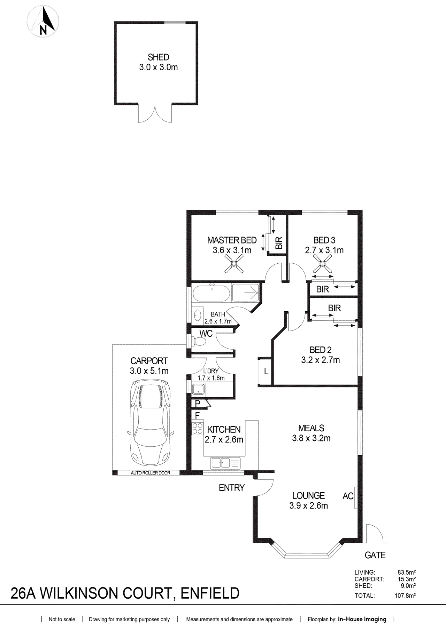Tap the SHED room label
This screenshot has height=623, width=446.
pyautogui.click(x=159, y=57)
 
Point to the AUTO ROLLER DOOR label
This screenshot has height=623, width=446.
pyautogui.click(x=151, y=473)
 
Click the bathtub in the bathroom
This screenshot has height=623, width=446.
pyautogui.click(x=211, y=294)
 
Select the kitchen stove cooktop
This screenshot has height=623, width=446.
pyautogui.click(x=198, y=428)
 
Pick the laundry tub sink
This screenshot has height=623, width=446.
pyautogui.click(x=198, y=389)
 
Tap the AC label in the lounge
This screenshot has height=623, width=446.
pyautogui.click(x=348, y=496)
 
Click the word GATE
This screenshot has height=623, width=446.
pyautogui.click(x=375, y=555)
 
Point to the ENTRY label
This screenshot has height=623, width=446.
pyautogui.click(x=232, y=488)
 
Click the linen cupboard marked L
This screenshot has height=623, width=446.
pyautogui.click(x=266, y=372)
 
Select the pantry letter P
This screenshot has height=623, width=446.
pyautogui.click(x=198, y=404)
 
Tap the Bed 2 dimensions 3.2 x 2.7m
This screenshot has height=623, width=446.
pyautogui.click(x=321, y=360)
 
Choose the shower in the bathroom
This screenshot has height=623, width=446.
pyautogui.click(x=246, y=293)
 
